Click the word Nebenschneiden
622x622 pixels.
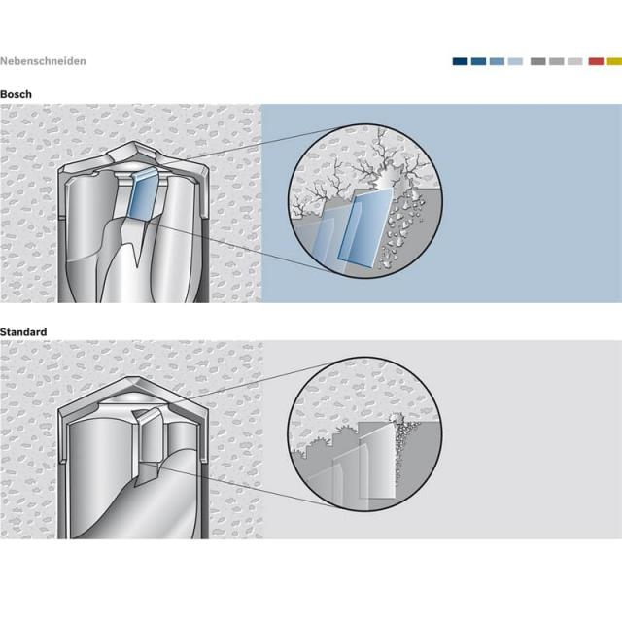[x=43, y=61]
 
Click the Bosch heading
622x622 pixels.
[x=16, y=94]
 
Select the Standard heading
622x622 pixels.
[x=23, y=332]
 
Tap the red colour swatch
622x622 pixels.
[x=596, y=61]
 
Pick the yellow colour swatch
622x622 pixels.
[x=614, y=61]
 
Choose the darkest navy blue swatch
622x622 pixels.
[x=460, y=61]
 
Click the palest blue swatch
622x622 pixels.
[x=515, y=61]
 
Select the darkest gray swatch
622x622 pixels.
[x=537, y=61]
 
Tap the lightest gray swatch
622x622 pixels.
[x=574, y=61]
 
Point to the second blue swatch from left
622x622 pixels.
[x=478, y=61]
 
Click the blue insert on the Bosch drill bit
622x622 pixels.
[x=143, y=195]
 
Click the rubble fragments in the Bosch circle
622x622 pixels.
[x=400, y=226]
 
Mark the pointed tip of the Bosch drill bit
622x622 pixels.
[x=133, y=143]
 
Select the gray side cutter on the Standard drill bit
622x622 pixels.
[x=148, y=436]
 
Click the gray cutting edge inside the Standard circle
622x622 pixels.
[x=377, y=460]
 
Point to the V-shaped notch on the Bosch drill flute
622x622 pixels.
[x=137, y=246]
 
